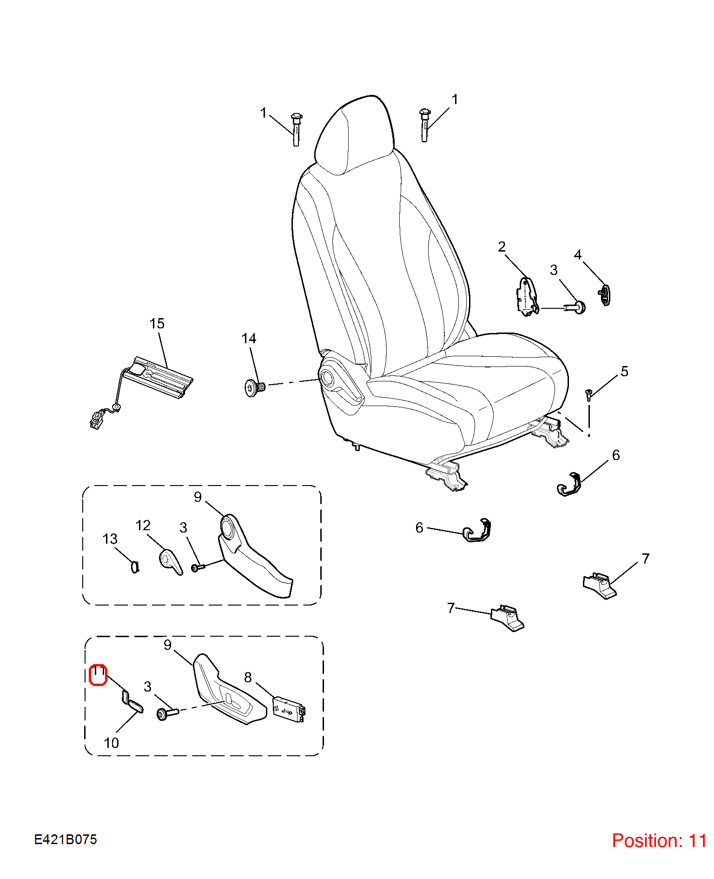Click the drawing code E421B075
click(66, 839)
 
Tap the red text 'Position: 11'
click(659, 840)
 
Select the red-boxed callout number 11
click(98, 675)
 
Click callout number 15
click(157, 323)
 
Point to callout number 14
click(249, 338)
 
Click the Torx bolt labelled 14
click(254, 387)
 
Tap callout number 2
click(502, 246)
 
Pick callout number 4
click(578, 254)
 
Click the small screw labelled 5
click(588, 394)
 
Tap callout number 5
click(624, 371)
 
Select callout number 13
click(110, 539)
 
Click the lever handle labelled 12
click(171, 562)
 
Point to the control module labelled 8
click(289, 708)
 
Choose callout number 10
click(111, 743)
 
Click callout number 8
click(248, 677)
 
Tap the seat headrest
click(354, 135)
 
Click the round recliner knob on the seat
click(327, 378)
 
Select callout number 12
click(143, 525)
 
